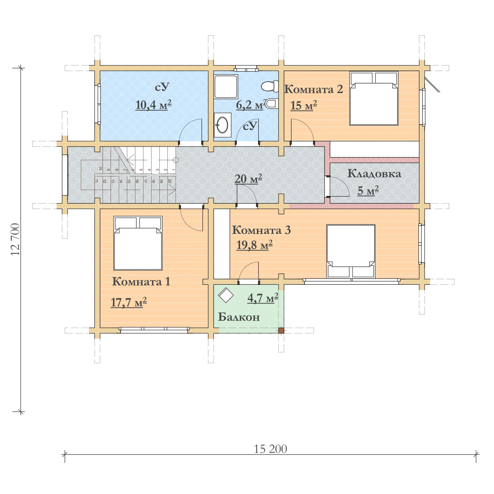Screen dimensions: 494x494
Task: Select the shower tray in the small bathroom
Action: [x=226, y=87]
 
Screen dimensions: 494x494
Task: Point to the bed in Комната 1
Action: [x=138, y=243]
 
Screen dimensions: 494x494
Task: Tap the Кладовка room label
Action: [x=374, y=174]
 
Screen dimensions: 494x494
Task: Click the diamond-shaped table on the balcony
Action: [x=226, y=295]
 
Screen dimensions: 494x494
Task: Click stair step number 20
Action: [x=169, y=181]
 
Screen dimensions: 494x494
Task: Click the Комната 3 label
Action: [x=261, y=230]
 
